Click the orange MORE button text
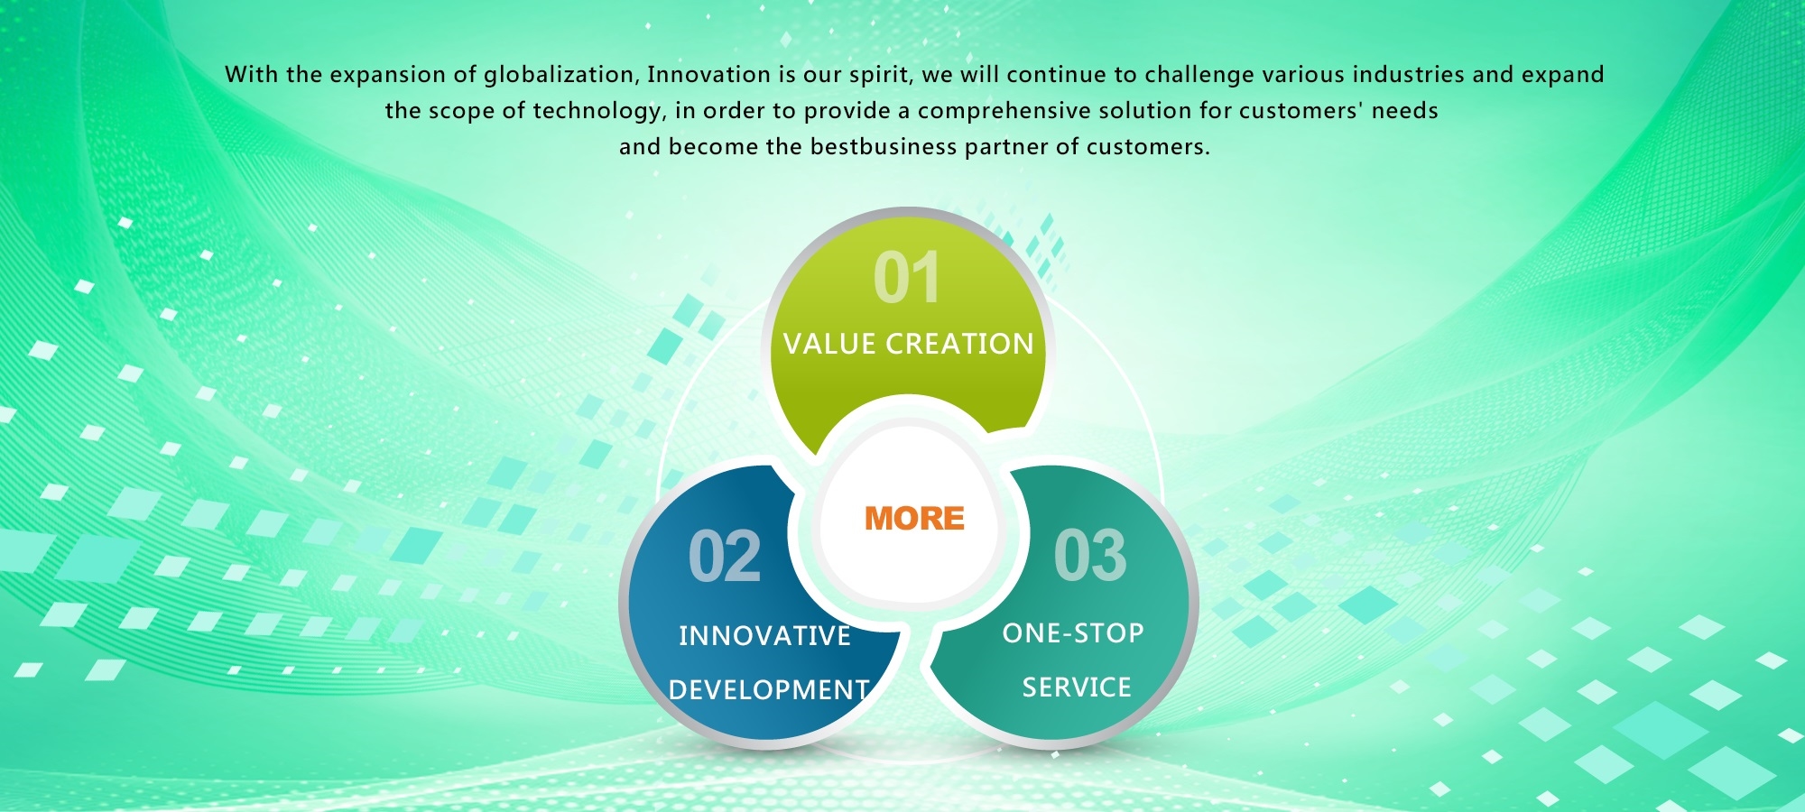[914, 518]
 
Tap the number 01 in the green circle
[907, 278]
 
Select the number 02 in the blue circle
[725, 557]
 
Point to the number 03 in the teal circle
[1090, 556]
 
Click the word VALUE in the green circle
[829, 344]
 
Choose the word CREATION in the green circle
[959, 344]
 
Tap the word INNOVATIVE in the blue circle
[764, 636]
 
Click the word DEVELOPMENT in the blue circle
[769, 690]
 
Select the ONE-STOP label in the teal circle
[1073, 633]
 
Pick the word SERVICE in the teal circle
[1077, 687]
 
